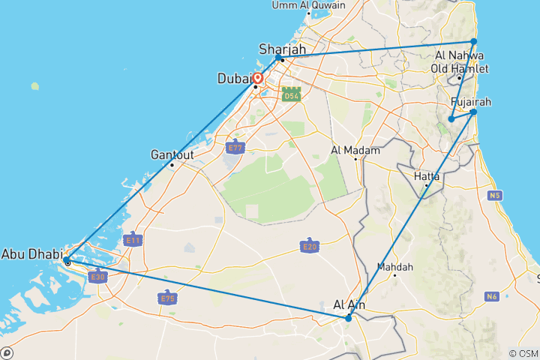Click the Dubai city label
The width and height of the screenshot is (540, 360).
coord(234,78)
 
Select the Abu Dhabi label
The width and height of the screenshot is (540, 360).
coord(31,253)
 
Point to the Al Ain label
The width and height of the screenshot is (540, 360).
coord(349,304)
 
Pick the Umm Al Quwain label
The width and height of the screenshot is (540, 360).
coord(308,5)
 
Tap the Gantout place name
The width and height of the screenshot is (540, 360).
coord(172,154)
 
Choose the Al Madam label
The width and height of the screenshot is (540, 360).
coord(356,150)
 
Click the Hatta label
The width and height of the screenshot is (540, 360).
coord(427,176)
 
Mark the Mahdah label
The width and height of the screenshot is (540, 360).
coord(395,266)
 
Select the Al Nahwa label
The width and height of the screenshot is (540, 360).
coord(459,56)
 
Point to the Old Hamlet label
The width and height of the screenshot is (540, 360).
coord(459,69)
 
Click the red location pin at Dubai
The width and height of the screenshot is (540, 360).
coord(258,78)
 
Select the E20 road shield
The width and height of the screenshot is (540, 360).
coord(307,246)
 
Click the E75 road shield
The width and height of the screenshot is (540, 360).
coord(167,298)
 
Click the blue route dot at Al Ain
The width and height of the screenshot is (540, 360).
coord(349,319)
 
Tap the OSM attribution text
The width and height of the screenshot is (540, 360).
coord(523,353)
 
